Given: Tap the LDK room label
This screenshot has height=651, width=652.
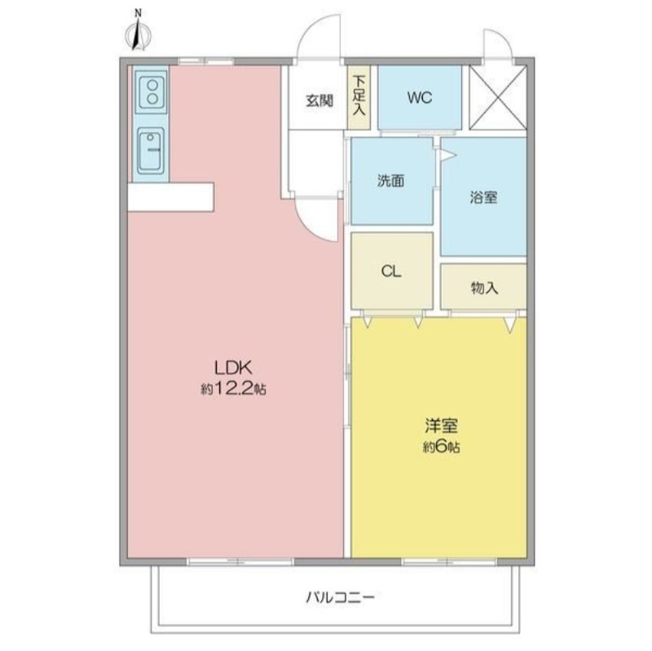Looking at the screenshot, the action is pos(233,368).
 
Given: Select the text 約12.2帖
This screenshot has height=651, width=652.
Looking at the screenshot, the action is pos(233,389).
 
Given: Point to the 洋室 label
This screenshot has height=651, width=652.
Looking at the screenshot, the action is pos(441,426).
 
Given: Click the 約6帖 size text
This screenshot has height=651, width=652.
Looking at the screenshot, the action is pos(441,447).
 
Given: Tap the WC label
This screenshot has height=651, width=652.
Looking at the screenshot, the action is pos(420,98).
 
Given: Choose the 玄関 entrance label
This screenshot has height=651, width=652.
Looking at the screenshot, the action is pos(319,100).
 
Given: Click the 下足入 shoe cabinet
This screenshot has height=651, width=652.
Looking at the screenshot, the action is pos(359,97).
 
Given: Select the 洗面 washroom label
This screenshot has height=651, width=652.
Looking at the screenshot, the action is pos(391,181).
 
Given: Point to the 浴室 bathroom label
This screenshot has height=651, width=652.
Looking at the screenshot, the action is pos(483,197).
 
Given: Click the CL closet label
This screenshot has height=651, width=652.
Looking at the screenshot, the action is pos(391,272).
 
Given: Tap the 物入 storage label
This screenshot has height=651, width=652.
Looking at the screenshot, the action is pos(484,288).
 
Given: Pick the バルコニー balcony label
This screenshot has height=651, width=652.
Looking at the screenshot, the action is pos(340,598).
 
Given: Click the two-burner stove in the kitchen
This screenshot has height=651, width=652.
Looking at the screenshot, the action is pos(152,92).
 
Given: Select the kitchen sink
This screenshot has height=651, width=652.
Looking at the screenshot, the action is pos(151,149).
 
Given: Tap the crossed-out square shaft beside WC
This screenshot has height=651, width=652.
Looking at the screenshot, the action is pos(498,98).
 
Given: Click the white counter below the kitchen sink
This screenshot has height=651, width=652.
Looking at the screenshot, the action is pos(171,197).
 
